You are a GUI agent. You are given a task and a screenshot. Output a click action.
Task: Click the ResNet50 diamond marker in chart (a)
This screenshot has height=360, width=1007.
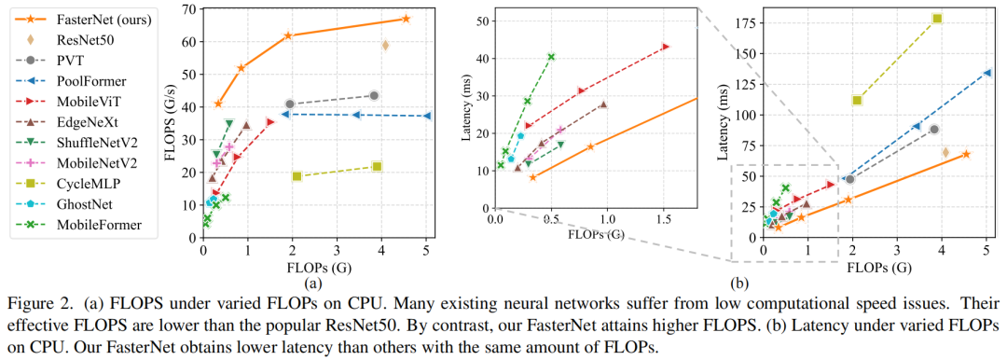pos(385,45)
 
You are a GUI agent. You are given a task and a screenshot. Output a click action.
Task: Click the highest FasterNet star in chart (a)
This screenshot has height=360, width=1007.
pos(406,19)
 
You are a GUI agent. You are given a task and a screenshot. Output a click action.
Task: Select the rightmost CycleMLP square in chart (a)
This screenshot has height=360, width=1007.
pos(377,166)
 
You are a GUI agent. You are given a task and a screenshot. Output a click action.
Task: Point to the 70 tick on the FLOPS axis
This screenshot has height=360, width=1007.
pos(189,9)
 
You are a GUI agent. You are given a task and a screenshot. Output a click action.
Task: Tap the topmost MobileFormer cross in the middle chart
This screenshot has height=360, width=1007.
pos(551,57)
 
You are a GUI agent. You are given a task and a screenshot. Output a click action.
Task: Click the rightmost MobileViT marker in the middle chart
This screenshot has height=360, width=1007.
pos(665,47)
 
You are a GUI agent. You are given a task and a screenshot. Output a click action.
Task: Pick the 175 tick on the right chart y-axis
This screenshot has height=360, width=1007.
pos(743,19)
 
